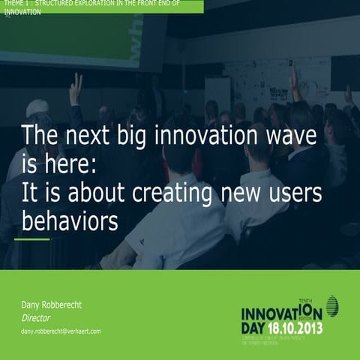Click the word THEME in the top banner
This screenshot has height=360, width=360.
pos(13,4)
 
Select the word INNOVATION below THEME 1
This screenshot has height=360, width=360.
pos(22,13)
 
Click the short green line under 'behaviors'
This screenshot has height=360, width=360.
pos(32,240)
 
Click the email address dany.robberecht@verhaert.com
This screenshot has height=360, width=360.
pos(61,331)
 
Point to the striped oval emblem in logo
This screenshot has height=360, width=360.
pos(331,306)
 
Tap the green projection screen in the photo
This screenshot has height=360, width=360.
pos(82,34)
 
